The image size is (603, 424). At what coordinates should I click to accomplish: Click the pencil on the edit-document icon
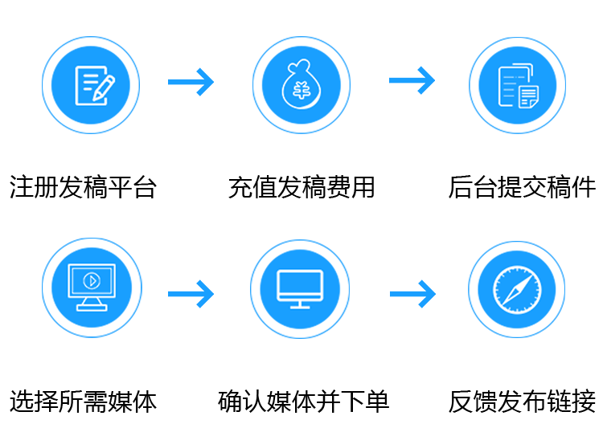pos(104,88)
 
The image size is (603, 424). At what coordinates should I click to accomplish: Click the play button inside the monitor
pos(91,281)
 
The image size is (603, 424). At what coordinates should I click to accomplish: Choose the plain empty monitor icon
pos(300,288)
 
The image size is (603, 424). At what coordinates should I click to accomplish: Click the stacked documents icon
pos(517,86)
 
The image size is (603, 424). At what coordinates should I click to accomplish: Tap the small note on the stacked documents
pos(528,97)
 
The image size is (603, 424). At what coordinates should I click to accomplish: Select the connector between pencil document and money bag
pos(191,82)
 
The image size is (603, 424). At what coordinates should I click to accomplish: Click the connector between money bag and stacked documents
pos(412,81)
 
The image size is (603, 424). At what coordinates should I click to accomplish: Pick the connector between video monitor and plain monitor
pos(191,294)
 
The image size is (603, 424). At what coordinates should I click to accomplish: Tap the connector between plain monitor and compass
pos(412,294)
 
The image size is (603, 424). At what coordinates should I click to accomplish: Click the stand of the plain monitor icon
pos(300,304)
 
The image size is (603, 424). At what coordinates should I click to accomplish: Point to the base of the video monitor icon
pos(91,306)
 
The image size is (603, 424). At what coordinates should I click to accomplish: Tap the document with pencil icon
pos(94,85)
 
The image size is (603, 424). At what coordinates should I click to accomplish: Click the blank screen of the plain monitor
pos(300,283)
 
